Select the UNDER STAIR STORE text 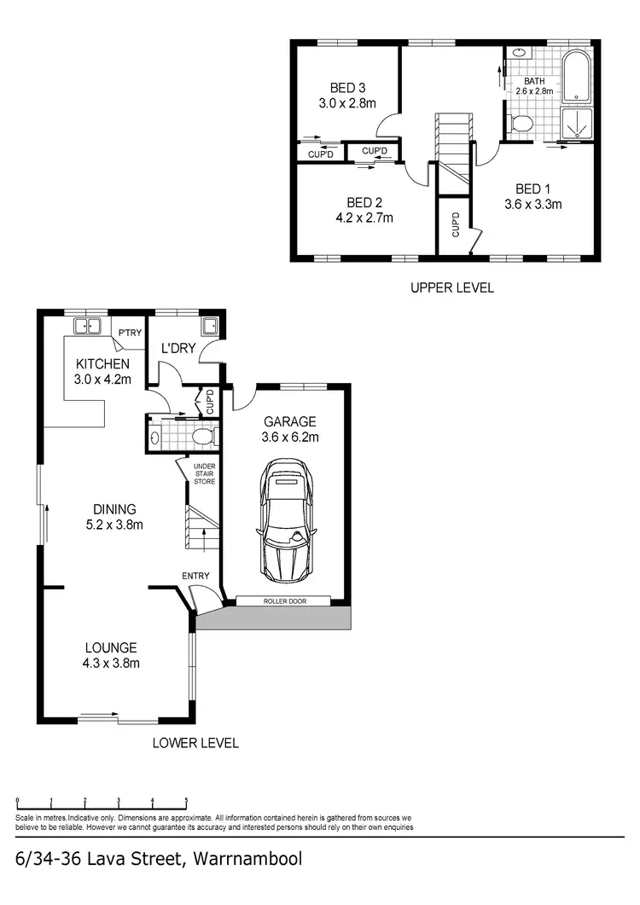click(x=204, y=473)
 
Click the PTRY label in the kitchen click(x=130, y=333)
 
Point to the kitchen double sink click(x=87, y=326)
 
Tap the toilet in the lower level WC click(x=202, y=438)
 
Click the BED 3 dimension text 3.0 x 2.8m click(x=347, y=103)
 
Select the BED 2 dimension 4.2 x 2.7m click(x=364, y=218)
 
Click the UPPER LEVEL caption click(x=451, y=288)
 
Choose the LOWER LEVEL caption click(x=195, y=743)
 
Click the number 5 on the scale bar click(x=186, y=801)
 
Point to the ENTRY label click(x=195, y=577)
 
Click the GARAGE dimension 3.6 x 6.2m click(x=289, y=438)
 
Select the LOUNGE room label click(x=110, y=647)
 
